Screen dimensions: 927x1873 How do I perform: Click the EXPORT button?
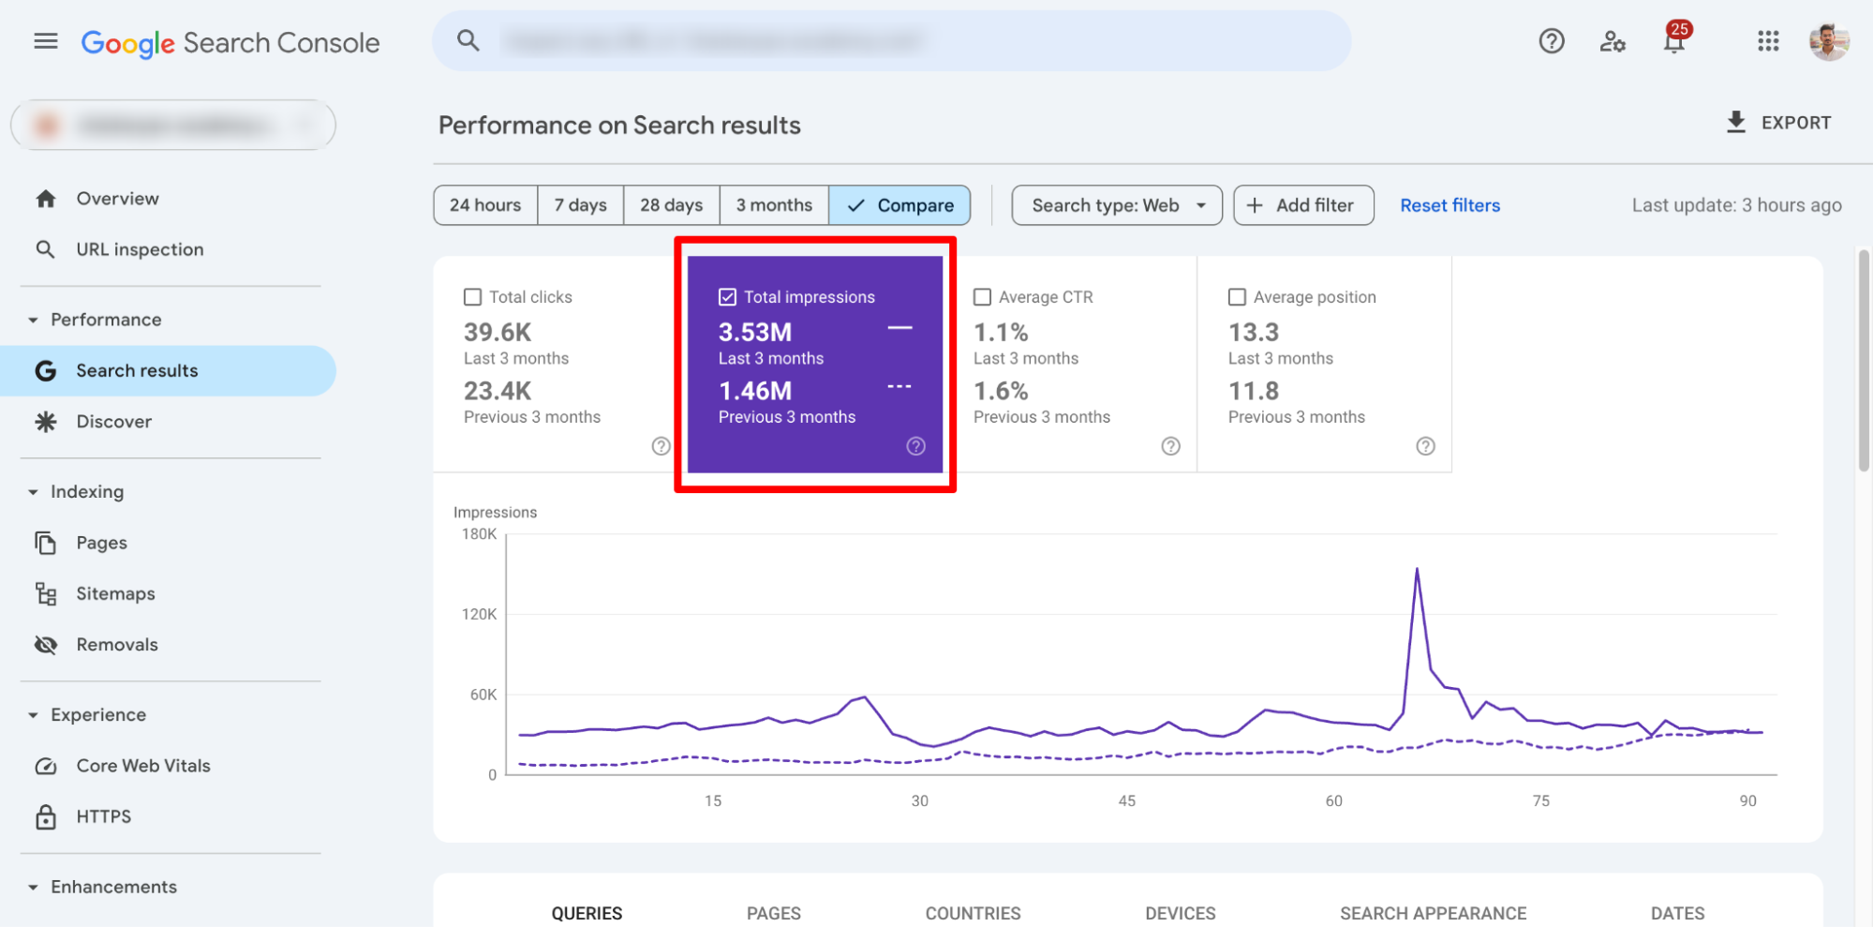(x=1778, y=123)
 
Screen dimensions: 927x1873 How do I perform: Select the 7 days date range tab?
(x=580, y=205)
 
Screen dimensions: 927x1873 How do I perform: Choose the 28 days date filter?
(x=671, y=205)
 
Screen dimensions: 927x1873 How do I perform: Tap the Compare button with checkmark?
(x=899, y=205)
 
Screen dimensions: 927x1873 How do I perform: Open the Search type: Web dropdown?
(x=1116, y=205)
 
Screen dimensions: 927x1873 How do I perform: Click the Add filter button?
(x=1302, y=205)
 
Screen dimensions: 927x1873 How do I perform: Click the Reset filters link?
(x=1449, y=205)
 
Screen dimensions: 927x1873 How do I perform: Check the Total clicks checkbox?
(x=473, y=297)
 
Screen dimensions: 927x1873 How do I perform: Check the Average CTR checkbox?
(x=982, y=297)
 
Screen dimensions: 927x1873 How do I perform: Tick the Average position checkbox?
(x=1237, y=297)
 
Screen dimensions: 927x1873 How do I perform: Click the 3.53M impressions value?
(x=755, y=333)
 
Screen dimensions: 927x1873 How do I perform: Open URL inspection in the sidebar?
(x=140, y=249)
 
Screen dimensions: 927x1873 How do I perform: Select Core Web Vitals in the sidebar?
(x=142, y=766)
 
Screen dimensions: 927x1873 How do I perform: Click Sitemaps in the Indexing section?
(x=115, y=593)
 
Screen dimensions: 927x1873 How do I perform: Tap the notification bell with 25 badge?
(x=1674, y=41)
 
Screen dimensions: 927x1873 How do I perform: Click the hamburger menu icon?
(x=46, y=41)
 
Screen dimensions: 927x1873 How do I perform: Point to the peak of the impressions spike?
(x=1417, y=569)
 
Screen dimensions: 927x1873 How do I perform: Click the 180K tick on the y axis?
(x=479, y=534)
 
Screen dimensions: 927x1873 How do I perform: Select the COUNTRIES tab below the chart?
(x=973, y=913)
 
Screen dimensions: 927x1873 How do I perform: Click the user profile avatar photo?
(x=1828, y=41)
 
